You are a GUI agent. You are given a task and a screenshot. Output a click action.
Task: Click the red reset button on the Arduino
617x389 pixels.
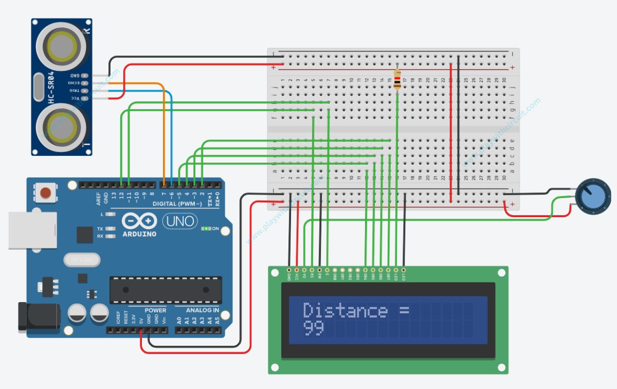(46, 192)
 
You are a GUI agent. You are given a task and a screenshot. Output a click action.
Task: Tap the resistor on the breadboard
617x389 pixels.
(397, 80)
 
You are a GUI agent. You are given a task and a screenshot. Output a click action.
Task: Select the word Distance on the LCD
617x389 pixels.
(345, 310)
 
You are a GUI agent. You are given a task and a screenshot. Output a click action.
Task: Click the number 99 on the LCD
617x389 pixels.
(313, 328)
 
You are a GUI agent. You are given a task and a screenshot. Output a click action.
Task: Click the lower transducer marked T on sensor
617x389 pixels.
(61, 127)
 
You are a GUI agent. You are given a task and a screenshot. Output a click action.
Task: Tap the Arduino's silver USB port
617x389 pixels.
(32, 231)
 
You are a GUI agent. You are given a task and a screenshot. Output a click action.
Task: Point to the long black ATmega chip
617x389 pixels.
(166, 290)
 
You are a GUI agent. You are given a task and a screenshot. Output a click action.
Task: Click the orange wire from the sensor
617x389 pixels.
(164, 129)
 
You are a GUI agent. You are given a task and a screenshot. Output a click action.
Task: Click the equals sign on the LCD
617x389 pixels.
(403, 310)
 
